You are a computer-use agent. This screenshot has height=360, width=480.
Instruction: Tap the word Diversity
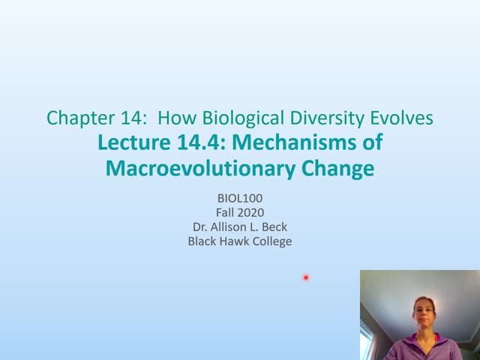[327, 118]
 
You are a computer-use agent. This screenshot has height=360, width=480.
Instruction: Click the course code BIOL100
[239, 198]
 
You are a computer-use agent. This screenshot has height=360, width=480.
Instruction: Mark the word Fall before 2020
[225, 212]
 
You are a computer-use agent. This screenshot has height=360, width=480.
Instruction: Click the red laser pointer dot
[306, 278]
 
